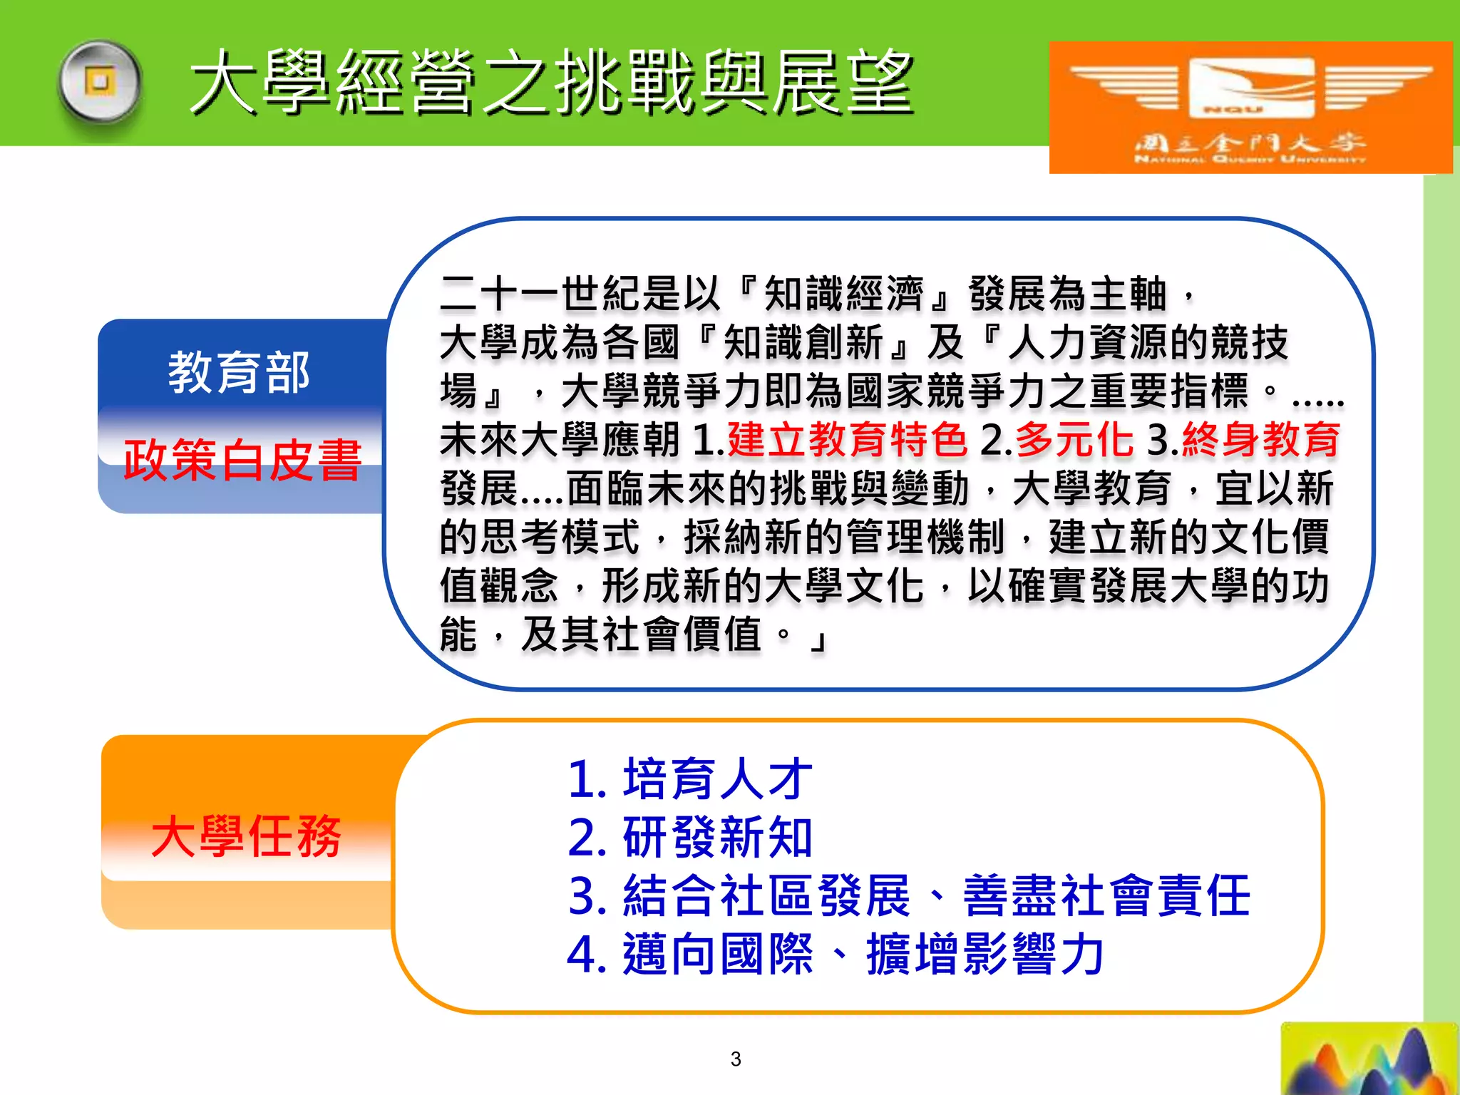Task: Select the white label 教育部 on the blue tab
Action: [239, 372]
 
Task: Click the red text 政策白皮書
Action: [242, 460]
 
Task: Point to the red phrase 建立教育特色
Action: [847, 439]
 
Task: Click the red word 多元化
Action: [1074, 439]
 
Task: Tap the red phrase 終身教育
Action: [1261, 439]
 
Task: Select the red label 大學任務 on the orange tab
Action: [246, 836]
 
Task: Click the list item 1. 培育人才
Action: [690, 779]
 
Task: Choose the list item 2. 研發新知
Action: [690, 838]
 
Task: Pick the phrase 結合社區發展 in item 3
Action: [767, 896]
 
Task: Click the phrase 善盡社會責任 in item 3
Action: [1106, 896]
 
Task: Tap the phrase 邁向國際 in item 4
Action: [718, 955]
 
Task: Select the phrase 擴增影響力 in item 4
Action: [985, 955]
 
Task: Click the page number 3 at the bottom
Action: [736, 1059]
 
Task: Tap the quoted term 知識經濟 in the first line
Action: [844, 294]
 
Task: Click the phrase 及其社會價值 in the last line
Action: [642, 634]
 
